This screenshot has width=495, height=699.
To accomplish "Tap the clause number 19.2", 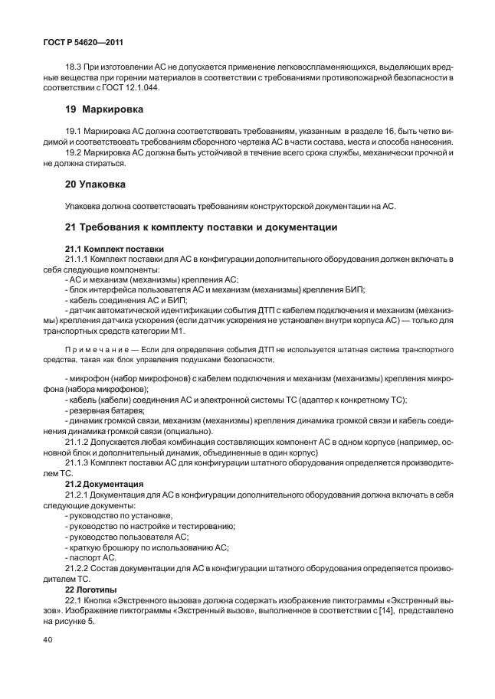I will point(76,152).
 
